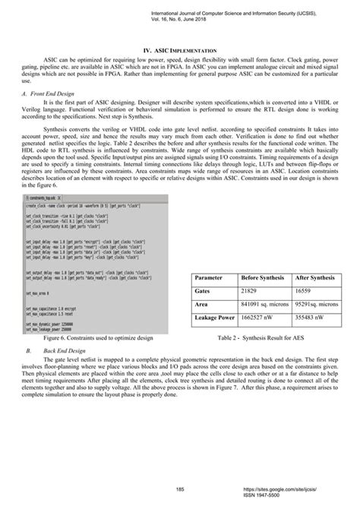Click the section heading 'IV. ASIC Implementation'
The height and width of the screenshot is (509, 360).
(x=179, y=49)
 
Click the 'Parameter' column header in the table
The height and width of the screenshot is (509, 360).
(x=213, y=300)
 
